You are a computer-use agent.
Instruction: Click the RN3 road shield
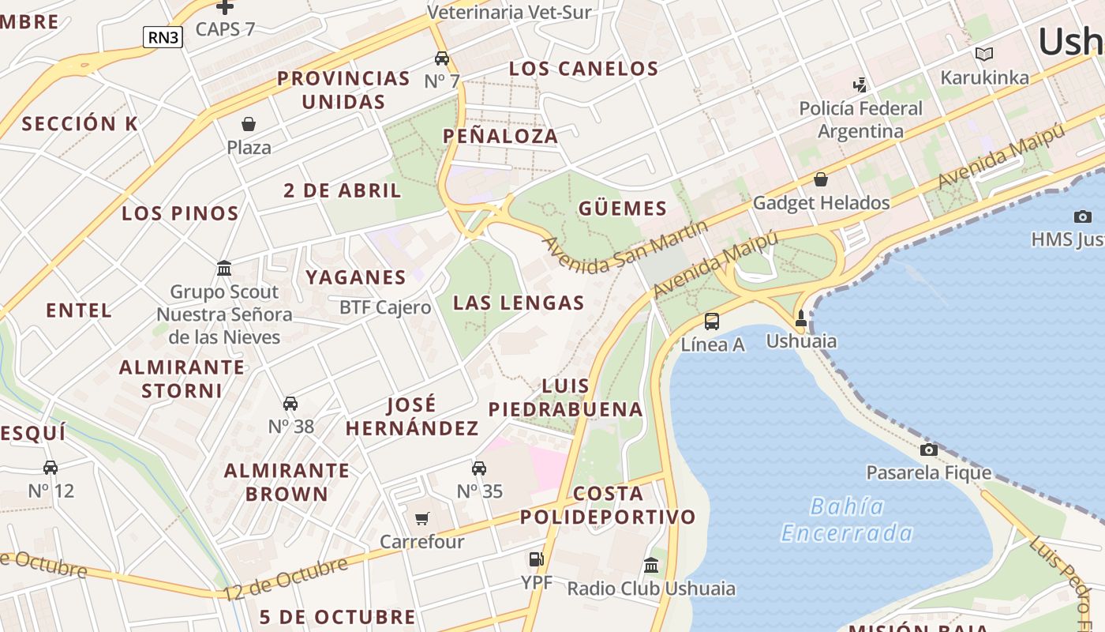(163, 36)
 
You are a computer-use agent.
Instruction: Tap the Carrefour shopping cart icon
(422, 518)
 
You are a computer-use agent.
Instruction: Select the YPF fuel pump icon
(536, 559)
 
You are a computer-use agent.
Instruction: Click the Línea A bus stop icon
(712, 321)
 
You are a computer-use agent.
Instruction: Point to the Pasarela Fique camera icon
(929, 450)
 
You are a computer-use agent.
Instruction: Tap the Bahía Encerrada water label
(847, 519)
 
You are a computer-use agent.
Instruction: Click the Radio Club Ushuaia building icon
(651, 565)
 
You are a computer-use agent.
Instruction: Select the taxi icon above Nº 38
(290, 403)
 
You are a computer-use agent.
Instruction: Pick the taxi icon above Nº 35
(479, 468)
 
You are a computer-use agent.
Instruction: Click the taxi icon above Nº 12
(51, 467)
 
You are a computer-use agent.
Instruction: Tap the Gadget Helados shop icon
(821, 179)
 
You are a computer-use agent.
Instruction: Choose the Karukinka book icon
(984, 54)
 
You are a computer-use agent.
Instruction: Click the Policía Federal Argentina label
(860, 119)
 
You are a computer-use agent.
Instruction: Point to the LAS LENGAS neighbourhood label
(519, 303)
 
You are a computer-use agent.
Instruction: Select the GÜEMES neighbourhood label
(623, 209)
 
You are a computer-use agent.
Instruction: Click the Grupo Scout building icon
(224, 269)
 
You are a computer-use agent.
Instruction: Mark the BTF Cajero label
(385, 307)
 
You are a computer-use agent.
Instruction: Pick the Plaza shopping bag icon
(249, 124)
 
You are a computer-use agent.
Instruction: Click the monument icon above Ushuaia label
(801, 318)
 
